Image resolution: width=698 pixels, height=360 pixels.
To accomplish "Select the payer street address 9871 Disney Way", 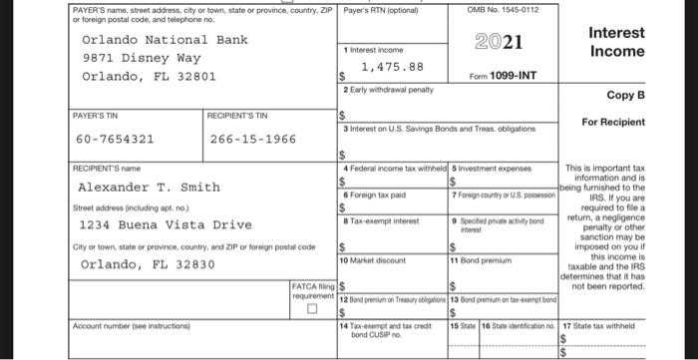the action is [141, 58].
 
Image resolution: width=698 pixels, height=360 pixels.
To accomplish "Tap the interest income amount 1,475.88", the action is [392, 67].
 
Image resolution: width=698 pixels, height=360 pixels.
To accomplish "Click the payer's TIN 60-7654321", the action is [114, 139].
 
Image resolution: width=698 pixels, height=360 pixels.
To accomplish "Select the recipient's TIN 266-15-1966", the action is [253, 139].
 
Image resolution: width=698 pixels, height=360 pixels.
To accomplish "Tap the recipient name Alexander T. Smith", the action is [149, 186].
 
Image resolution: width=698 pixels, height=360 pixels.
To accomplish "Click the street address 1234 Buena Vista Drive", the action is [159, 225].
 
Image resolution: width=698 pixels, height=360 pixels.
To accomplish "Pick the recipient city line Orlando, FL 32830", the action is [148, 264].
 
